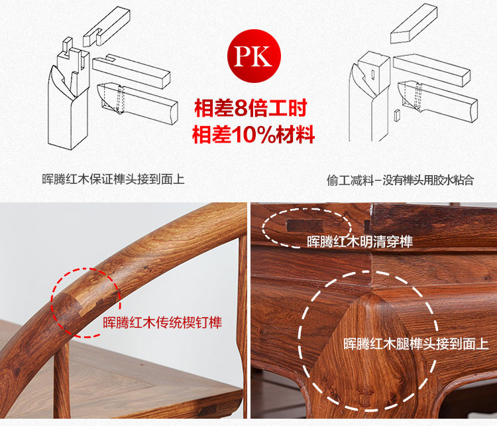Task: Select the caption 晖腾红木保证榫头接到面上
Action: click(113, 179)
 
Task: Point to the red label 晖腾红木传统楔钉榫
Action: click(162, 323)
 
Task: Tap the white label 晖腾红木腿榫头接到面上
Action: click(415, 344)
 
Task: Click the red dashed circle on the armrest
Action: click(86, 303)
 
